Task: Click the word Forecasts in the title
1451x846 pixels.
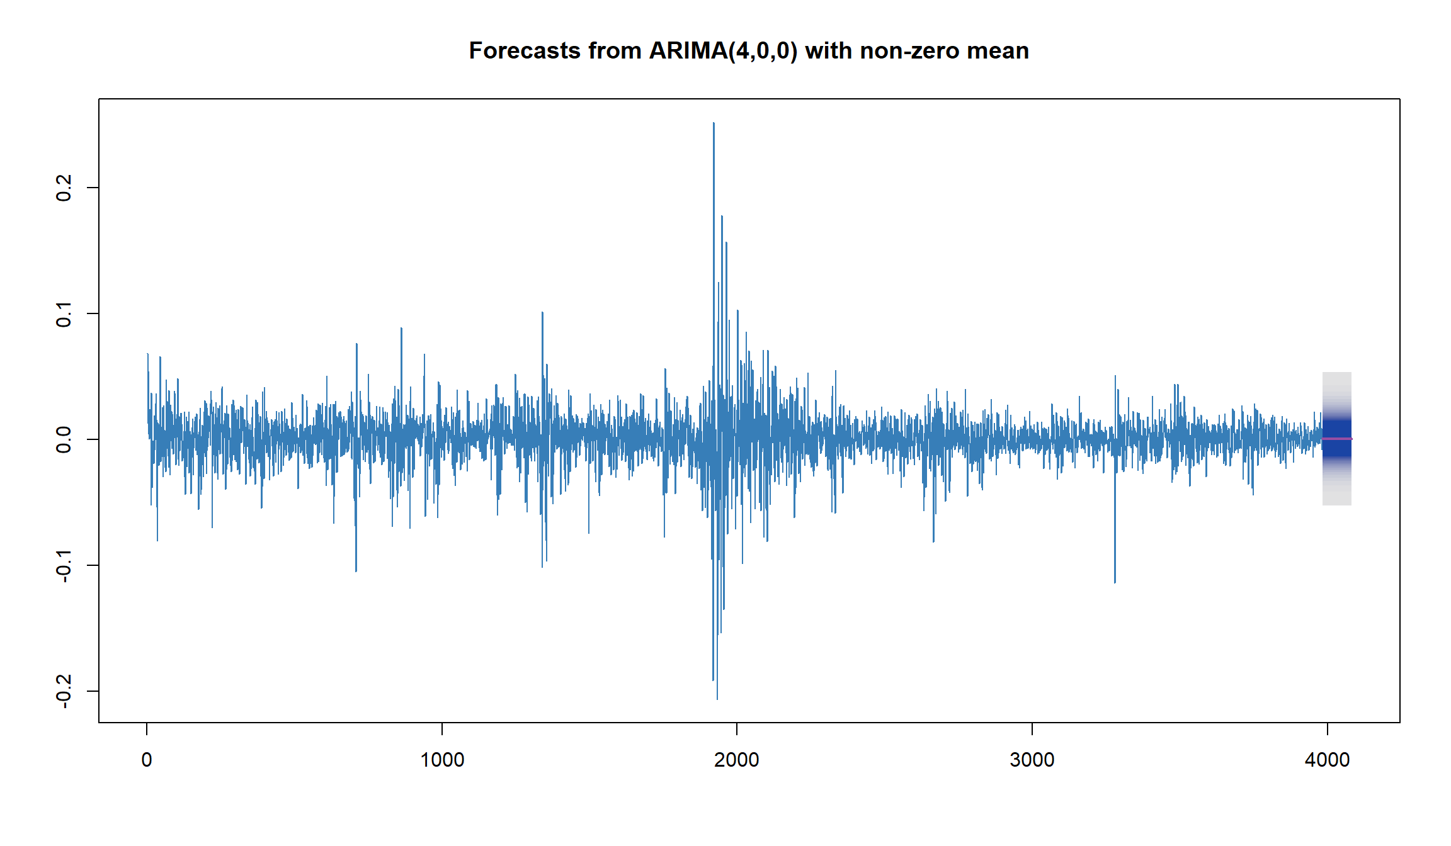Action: pos(525,51)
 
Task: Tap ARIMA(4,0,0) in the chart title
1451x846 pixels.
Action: pos(723,51)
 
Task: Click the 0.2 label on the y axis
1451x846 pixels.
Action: pos(64,188)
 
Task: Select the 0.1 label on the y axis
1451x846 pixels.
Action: pos(64,313)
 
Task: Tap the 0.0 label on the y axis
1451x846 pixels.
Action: pos(64,439)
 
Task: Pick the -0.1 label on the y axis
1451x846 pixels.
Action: pos(64,565)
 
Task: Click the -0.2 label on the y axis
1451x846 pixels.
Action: pos(64,691)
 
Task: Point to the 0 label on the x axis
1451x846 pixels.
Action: pos(147,760)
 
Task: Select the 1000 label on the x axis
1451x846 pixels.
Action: pos(442,760)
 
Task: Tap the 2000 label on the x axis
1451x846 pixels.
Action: pos(737,760)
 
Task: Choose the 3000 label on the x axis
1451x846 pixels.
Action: pos(1032,760)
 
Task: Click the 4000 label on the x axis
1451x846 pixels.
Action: pos(1328,760)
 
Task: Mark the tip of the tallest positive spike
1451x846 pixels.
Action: pos(714,123)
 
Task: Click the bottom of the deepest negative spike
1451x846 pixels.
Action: pos(717,699)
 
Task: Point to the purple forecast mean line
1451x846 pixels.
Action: pos(1337,439)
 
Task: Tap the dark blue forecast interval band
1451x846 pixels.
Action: pos(1337,439)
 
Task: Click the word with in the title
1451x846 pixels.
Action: pos(829,51)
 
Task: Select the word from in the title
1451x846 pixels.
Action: pos(615,51)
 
